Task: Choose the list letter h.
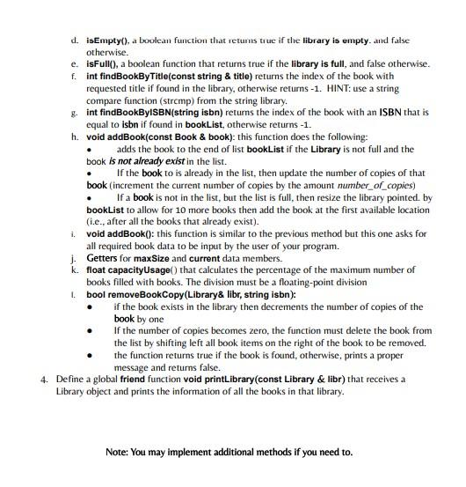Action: tap(74, 137)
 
